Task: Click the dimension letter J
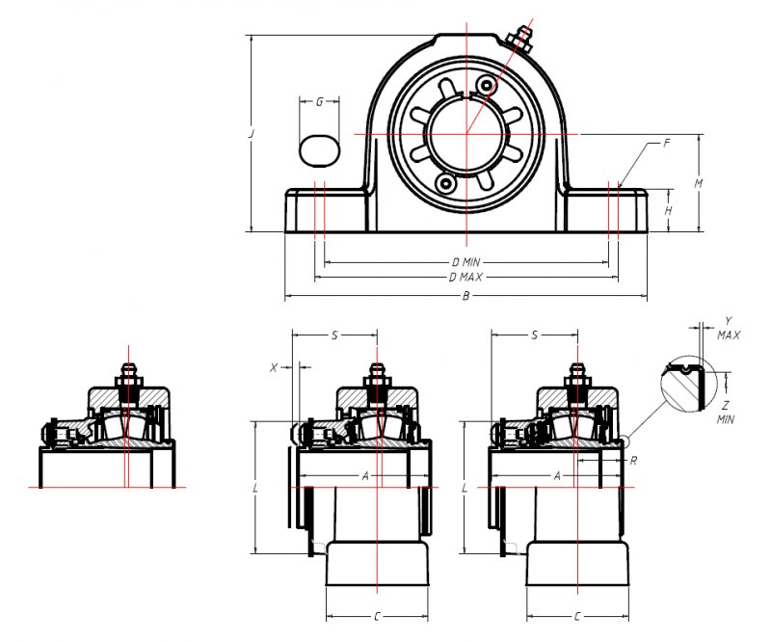[251, 135]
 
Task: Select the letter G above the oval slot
[319, 101]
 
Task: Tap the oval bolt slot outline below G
[319, 149]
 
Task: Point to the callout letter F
[666, 144]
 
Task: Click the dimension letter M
[698, 183]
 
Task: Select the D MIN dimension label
[465, 262]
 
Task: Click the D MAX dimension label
[465, 278]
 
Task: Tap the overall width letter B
[465, 296]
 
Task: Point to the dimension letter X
[275, 367]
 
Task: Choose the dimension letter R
[632, 461]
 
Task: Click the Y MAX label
[729, 328]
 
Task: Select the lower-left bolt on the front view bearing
[444, 181]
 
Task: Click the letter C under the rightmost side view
[576, 615]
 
